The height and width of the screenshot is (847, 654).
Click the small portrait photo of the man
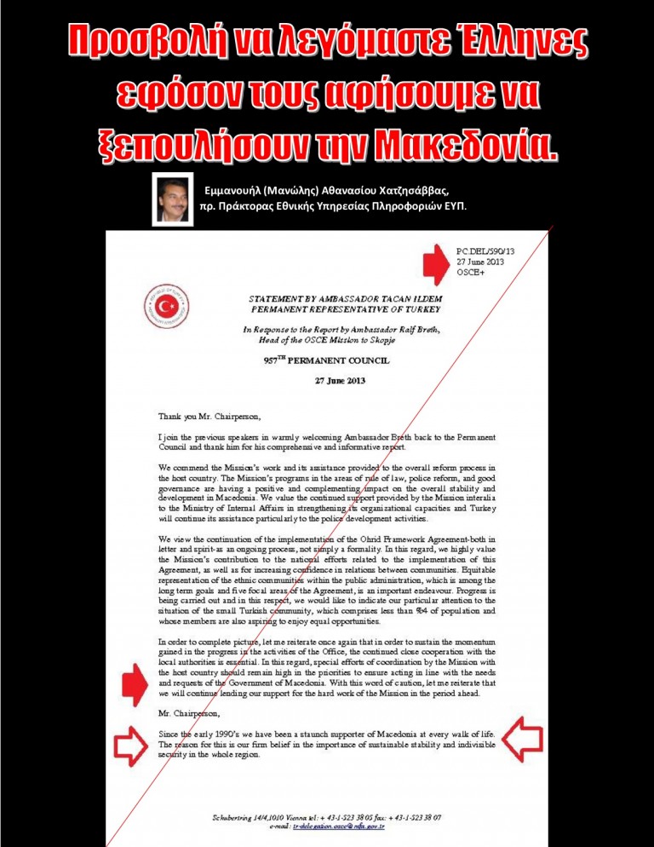170,199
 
